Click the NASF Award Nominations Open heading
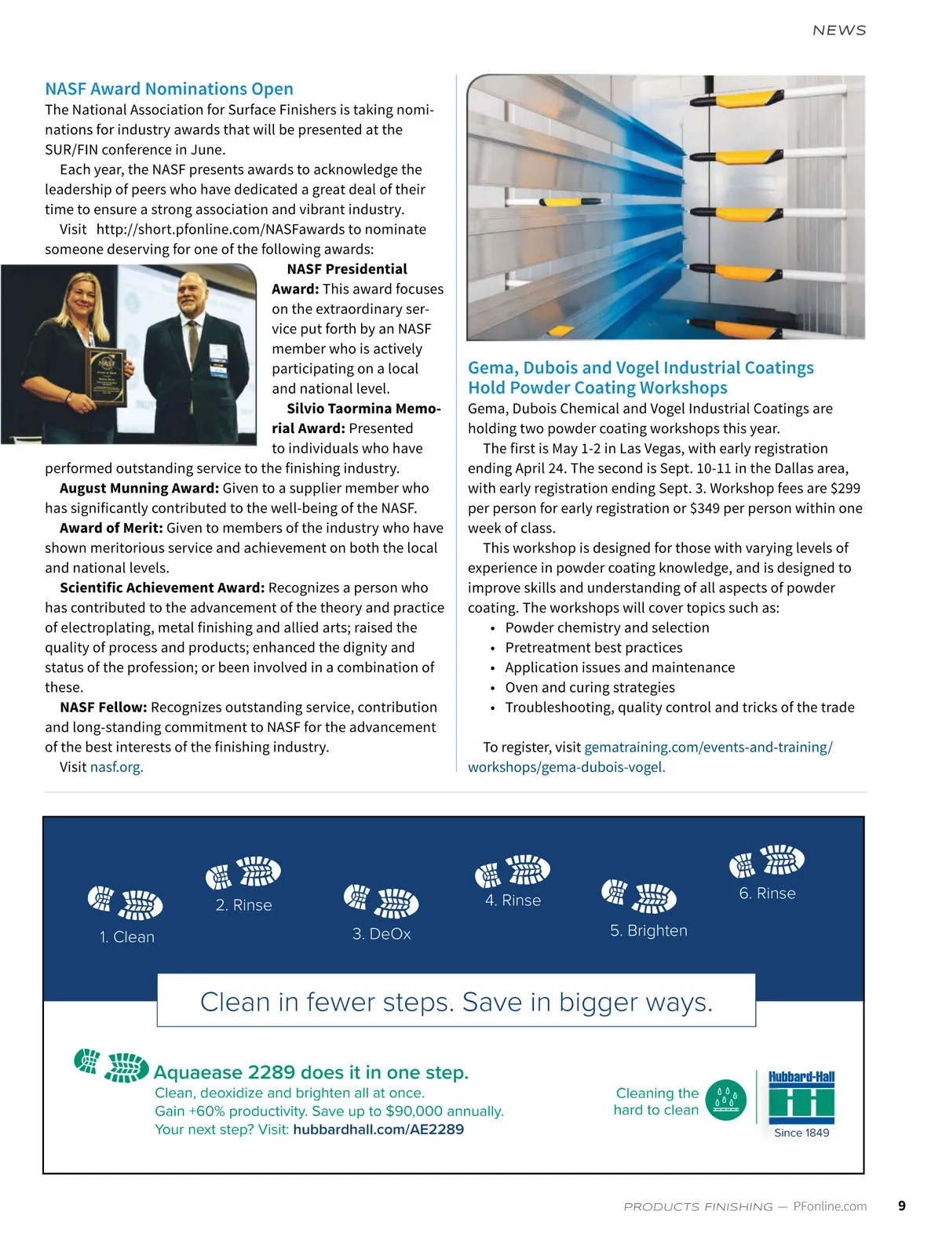click(169, 89)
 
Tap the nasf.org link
click(116, 767)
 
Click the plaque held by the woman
click(107, 376)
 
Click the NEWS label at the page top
click(839, 31)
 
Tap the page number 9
click(902, 1206)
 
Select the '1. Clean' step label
click(127, 937)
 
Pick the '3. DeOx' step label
click(382, 934)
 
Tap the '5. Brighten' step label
click(648, 931)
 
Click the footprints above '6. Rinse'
click(767, 860)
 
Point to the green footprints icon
click(111, 1065)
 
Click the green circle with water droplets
click(725, 1100)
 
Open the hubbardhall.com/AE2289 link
click(378, 1129)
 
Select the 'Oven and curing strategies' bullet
click(590, 687)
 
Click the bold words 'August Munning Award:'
click(139, 488)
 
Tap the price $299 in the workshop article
click(845, 488)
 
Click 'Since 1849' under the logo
click(801, 1133)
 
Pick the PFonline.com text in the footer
click(830, 1206)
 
